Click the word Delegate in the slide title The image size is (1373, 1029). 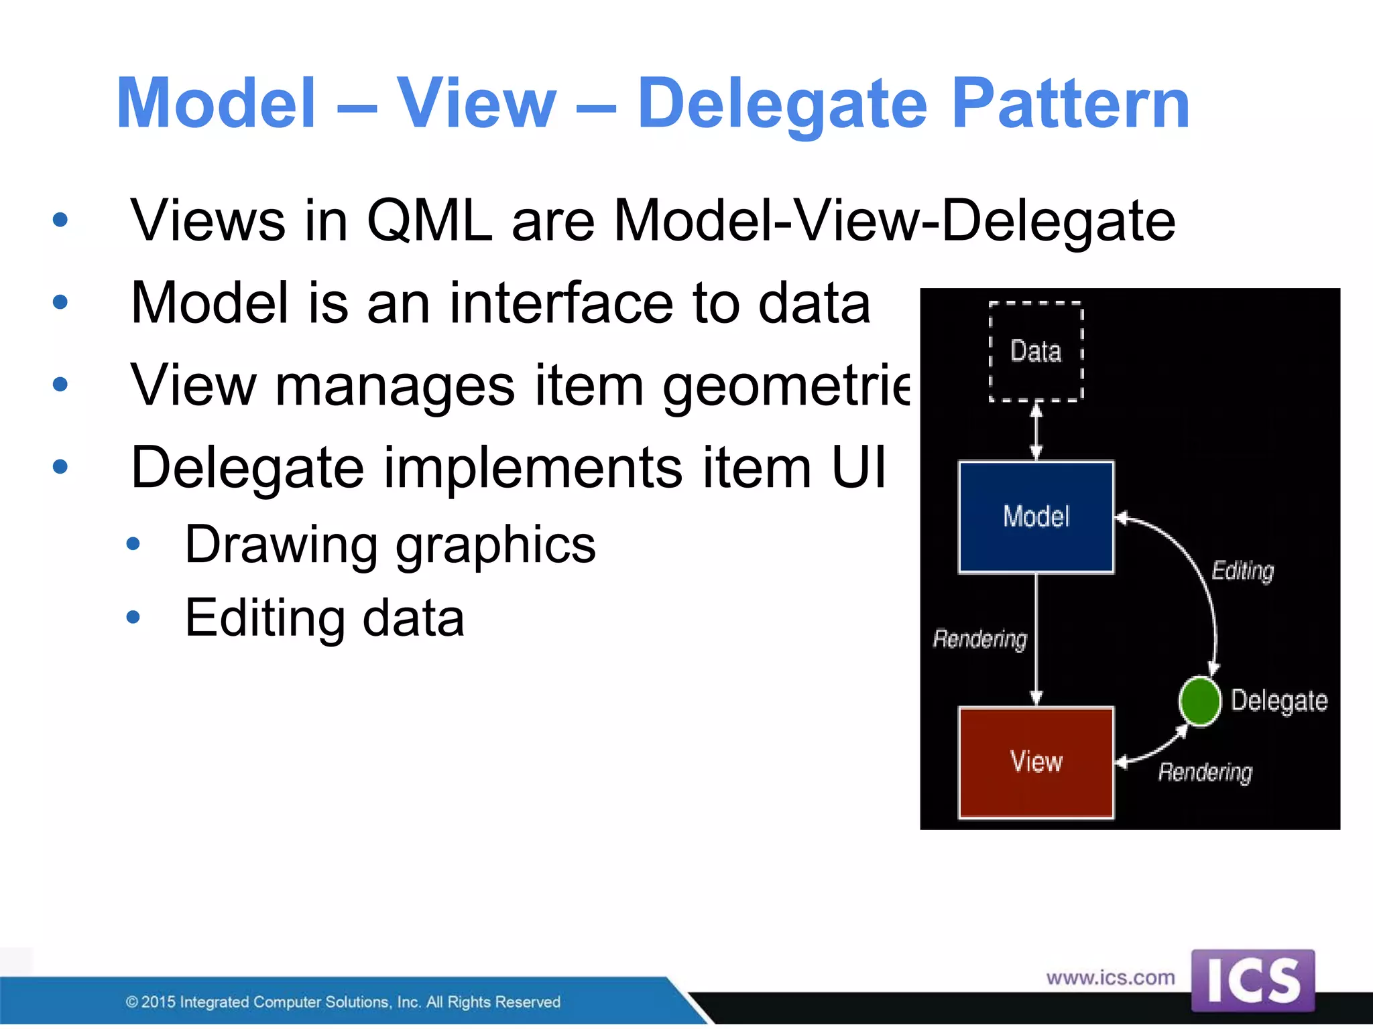click(x=782, y=104)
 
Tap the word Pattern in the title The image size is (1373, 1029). click(x=1071, y=104)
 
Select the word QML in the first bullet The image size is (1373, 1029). click(x=429, y=221)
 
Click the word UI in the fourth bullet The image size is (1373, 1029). click(x=858, y=467)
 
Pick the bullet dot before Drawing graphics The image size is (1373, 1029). click(x=133, y=544)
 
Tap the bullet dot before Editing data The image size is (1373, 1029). click(x=133, y=617)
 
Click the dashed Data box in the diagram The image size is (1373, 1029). click(x=1036, y=351)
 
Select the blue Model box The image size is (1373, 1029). click(x=1036, y=517)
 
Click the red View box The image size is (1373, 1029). click(x=1036, y=762)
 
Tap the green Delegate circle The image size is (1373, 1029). click(x=1199, y=701)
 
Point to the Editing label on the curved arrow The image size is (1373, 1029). click(x=1242, y=571)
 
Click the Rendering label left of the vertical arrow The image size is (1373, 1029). click(x=979, y=639)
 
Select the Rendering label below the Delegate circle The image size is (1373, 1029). click(x=1205, y=772)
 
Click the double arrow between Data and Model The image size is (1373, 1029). click(x=1036, y=431)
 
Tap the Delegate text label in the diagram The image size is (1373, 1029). click(x=1279, y=701)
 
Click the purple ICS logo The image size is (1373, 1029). click(x=1252, y=981)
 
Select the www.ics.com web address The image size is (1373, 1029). click(x=1110, y=978)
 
